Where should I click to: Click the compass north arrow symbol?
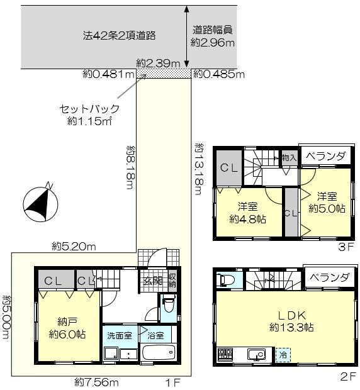pos(40,203)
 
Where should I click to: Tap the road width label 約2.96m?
pos(213,43)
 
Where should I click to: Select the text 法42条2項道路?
pos(120,36)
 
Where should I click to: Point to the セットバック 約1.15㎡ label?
pos(89,115)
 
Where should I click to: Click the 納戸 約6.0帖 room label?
pos(67,328)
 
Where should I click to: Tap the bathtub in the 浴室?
pos(159,352)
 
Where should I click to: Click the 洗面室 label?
pos(120,335)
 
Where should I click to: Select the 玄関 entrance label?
pos(153,281)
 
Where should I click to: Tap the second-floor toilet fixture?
pos(226,281)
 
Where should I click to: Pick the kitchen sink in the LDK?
pos(257,354)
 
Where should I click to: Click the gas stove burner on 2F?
pos(225,354)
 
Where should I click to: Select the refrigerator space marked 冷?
pos(283,355)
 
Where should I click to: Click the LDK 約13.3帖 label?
pos(291,321)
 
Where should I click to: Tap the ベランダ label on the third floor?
pos(325,156)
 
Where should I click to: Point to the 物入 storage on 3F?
pos(290,158)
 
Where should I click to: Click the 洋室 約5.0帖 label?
pos(327,202)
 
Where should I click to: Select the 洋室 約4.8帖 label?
pos(247,213)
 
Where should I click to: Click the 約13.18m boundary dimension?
pos(200,169)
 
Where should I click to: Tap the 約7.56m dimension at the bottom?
pos(96,382)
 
